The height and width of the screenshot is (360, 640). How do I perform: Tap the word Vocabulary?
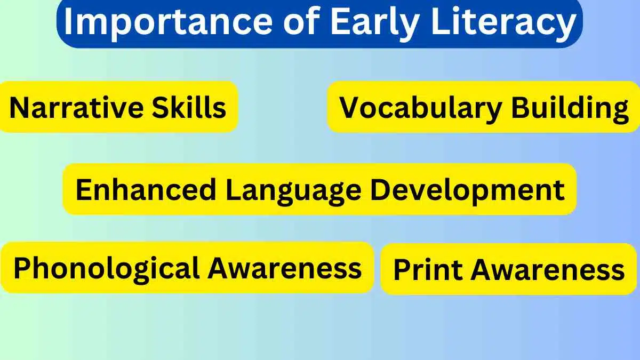421,108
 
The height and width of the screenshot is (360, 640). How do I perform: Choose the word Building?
570,108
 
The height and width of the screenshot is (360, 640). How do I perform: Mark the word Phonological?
107,268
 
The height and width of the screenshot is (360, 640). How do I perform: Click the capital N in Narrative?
18,108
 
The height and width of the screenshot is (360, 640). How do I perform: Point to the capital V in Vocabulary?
350,108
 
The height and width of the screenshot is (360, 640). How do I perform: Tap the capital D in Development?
380,190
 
